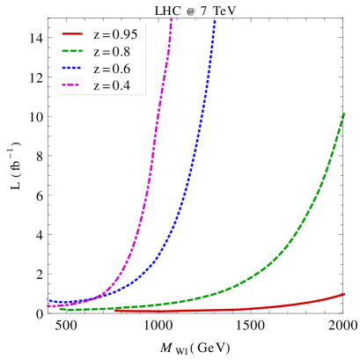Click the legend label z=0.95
pyautogui.click(x=115, y=34)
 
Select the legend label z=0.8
pyautogui.click(x=112, y=52)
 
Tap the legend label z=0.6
pyautogui.click(x=112, y=69)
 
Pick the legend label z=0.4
pyautogui.click(x=112, y=86)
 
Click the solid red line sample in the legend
pyautogui.click(x=72, y=34)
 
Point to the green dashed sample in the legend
pyautogui.click(x=72, y=52)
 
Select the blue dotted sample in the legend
pyautogui.click(x=72, y=69)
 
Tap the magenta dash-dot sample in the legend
pyautogui.click(x=72, y=86)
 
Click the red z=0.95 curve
pyautogui.click(x=264, y=307)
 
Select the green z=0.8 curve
pyautogui.click(x=264, y=269)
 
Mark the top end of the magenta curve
pyautogui.click(x=172, y=18)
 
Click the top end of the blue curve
pyautogui.click(x=215, y=21)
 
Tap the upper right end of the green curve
pyautogui.click(x=343, y=114)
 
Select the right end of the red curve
pyautogui.click(x=344, y=294)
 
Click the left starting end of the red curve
pyautogui.click(x=114, y=311)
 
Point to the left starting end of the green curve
pyautogui.click(x=60, y=309)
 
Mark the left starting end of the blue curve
pyautogui.click(x=48, y=299)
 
